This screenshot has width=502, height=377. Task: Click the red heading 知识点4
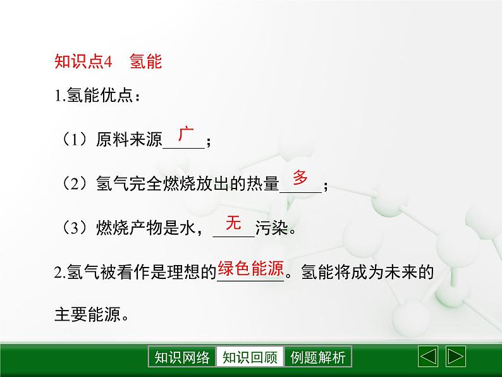point(83,62)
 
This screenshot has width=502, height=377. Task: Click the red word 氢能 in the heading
point(146,62)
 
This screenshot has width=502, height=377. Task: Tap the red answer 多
point(300,178)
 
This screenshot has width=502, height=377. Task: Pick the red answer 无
point(234,223)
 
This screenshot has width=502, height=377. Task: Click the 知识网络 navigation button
point(181,357)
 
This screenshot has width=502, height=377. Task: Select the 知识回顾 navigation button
point(250,357)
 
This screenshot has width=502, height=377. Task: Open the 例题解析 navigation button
point(318,357)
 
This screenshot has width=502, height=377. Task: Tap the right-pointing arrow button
point(456,357)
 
